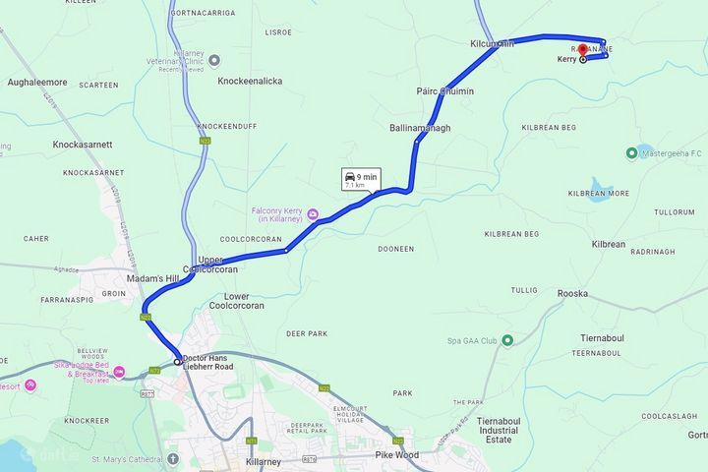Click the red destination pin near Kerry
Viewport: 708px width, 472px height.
tap(582, 49)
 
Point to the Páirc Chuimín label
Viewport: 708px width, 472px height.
tap(444, 91)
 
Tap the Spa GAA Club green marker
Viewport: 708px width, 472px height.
tap(507, 341)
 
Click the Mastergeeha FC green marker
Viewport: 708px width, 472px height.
tap(631, 152)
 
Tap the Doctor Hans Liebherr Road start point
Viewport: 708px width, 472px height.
tap(178, 362)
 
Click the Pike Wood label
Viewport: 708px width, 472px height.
tap(397, 456)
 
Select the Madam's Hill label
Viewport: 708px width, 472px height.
tap(159, 279)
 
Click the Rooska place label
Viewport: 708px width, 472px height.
tap(571, 291)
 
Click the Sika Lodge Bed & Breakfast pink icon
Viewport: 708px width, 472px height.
tap(119, 373)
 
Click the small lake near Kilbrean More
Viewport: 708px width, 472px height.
tap(601, 185)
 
